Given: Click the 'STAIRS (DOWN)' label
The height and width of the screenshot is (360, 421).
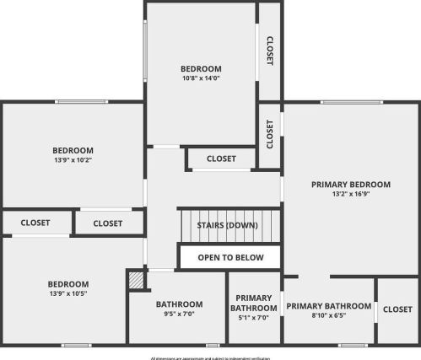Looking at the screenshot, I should point(227,225).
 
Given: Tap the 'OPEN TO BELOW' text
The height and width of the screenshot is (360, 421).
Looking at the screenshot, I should point(230,257).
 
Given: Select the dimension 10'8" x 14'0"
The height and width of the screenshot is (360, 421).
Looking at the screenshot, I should point(201,78).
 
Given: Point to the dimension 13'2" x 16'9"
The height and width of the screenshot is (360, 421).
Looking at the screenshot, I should point(351,194).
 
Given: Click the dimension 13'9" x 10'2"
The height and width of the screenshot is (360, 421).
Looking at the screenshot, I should point(73,159).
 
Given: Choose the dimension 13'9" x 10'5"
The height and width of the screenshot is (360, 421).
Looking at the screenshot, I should point(67,293).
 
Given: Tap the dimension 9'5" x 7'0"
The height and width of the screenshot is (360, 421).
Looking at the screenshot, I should point(179,314).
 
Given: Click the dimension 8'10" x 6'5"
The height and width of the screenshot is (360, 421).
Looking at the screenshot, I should point(329,315).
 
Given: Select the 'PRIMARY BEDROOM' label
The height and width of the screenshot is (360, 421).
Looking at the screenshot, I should point(351,184).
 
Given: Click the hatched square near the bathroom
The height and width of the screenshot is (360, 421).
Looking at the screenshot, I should point(136,280).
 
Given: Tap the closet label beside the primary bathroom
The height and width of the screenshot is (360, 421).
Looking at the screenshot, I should point(397,309).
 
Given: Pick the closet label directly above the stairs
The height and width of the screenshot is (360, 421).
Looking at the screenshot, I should point(221,158).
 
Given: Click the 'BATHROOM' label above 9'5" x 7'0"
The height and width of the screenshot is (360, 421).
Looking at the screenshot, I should point(179,304).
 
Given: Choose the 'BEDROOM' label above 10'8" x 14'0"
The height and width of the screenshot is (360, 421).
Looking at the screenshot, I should point(201,69).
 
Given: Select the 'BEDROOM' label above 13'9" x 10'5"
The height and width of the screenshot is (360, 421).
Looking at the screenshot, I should point(67,284).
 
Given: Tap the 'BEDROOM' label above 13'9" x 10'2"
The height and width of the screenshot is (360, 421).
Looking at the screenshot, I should point(73,150).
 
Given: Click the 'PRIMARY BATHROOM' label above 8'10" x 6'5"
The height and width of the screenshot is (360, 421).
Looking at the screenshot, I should point(329,306).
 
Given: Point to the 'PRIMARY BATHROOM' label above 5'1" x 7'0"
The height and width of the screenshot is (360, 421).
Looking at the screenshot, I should point(254,303).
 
